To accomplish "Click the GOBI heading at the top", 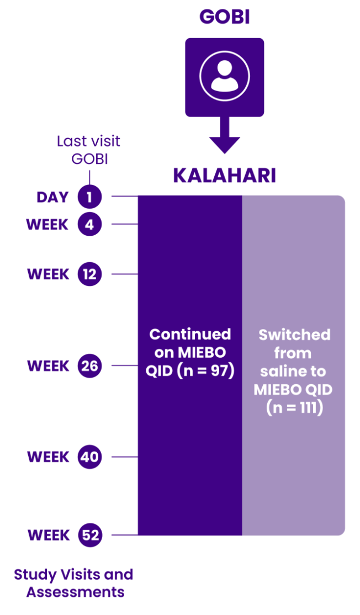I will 224,17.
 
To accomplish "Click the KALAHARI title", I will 224,176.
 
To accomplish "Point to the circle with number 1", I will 89,197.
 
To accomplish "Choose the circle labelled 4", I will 89,225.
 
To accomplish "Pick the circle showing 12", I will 89,274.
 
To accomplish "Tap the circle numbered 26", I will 89,365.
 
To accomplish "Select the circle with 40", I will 89,457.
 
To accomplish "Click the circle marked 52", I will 89,535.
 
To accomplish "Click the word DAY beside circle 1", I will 53,197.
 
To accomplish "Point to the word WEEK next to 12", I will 48,274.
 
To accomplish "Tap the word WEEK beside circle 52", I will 48,535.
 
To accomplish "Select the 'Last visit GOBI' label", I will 88,150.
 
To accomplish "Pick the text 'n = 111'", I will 294,409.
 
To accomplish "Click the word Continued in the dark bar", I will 190,334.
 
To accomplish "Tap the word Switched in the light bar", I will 294,335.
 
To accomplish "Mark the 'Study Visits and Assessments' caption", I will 73,583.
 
